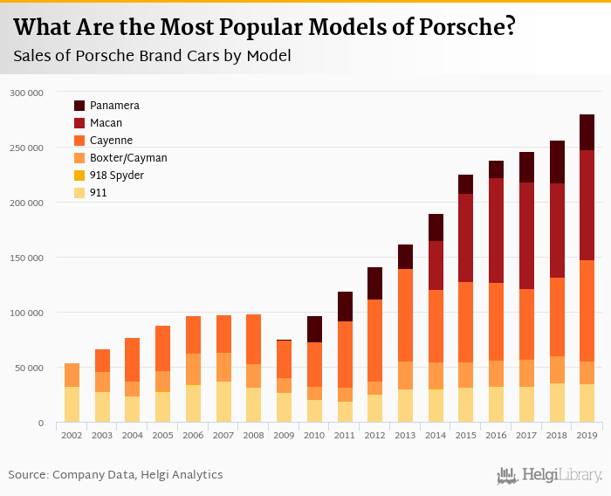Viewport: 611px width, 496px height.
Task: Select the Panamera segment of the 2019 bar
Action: (587, 132)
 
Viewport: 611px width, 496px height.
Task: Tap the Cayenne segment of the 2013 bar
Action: (405, 315)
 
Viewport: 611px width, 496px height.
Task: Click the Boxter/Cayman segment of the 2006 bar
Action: (193, 369)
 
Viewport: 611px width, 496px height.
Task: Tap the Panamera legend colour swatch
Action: (79, 106)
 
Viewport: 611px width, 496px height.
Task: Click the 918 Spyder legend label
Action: (117, 176)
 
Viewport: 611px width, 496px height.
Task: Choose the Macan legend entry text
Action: (106, 123)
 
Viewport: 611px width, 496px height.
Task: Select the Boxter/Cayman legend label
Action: (128, 158)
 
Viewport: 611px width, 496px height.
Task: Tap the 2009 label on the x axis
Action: (284, 434)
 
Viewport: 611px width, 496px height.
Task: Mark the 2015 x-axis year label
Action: (465, 434)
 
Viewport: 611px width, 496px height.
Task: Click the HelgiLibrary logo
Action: (550, 475)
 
